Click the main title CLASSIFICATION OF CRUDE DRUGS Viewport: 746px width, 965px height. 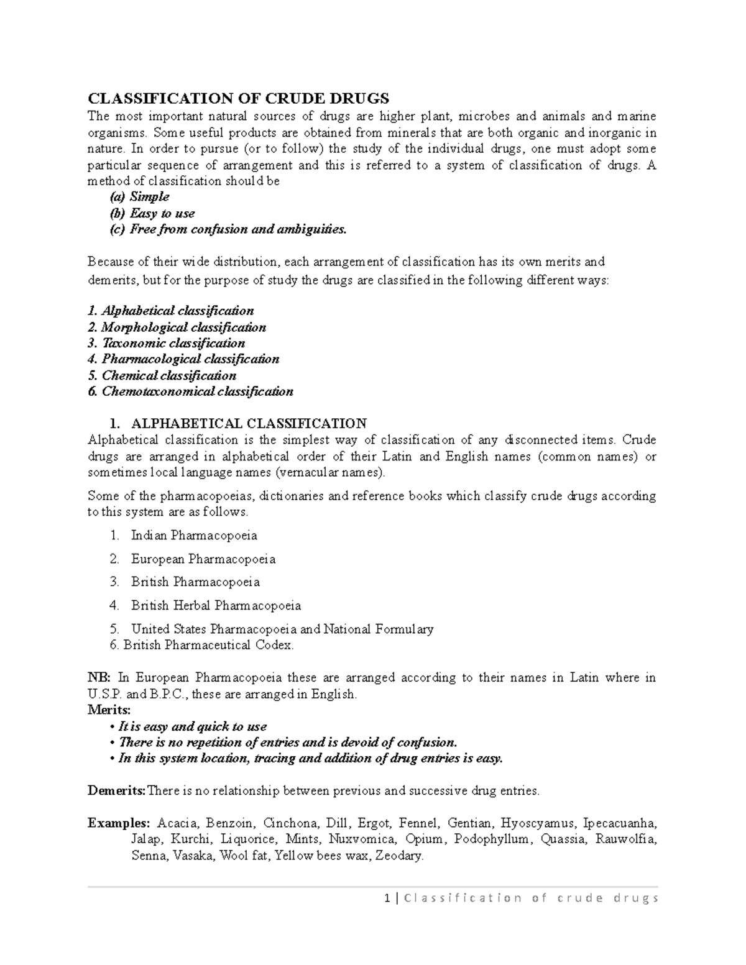[238, 98]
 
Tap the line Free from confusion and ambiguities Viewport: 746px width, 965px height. [237, 229]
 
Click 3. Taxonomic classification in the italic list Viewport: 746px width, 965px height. [167, 343]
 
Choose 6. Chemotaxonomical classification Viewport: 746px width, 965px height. [190, 391]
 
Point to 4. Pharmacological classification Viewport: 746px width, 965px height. [183, 359]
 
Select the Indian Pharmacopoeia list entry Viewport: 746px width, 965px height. [194, 535]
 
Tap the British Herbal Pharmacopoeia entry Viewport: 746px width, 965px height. [216, 605]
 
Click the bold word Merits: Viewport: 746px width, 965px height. [109, 710]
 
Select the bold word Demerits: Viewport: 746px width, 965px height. [116, 791]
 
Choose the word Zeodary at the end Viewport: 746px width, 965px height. [401, 856]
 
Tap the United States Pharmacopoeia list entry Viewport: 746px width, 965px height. [282, 629]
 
